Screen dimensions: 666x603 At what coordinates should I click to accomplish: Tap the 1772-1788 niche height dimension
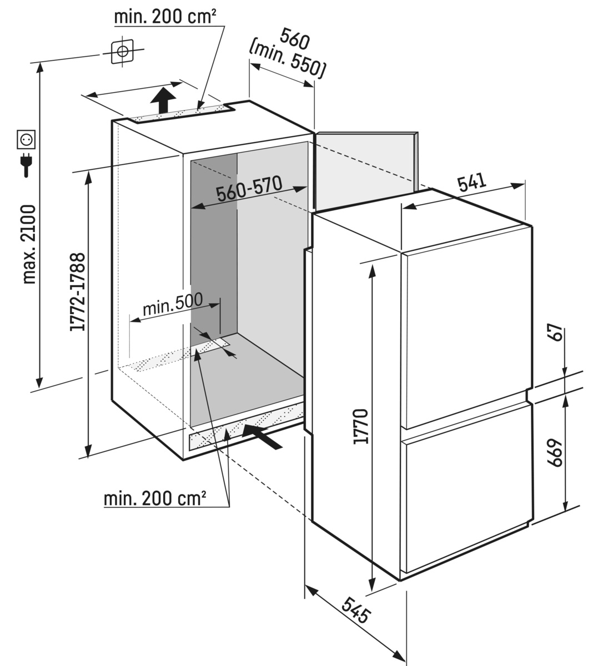[78, 292]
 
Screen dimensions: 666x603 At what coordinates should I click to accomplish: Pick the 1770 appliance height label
[360, 426]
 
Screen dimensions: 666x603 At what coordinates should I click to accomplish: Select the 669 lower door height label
[557, 455]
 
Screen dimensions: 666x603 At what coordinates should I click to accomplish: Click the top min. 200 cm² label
[164, 17]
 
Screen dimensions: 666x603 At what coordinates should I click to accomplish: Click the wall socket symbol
[27, 139]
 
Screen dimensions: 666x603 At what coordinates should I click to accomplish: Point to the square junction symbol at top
[122, 52]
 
